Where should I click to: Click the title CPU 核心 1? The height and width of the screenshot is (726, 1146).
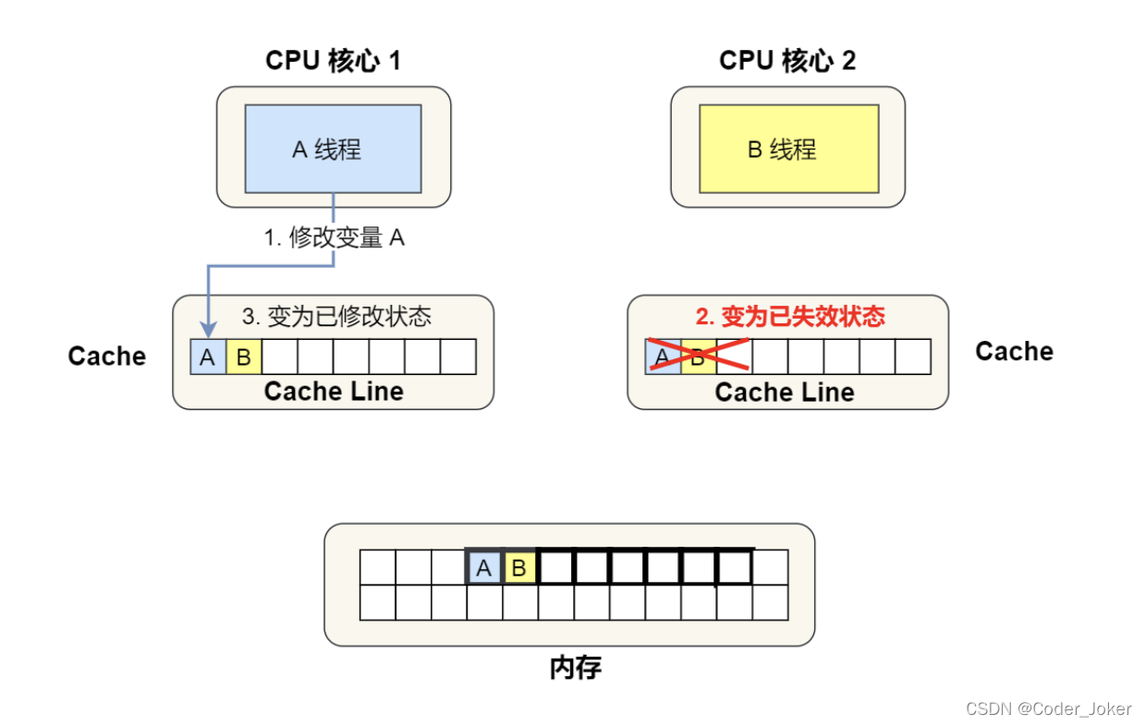333,61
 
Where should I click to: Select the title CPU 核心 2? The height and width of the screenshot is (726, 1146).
787,61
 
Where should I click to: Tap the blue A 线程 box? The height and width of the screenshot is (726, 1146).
333,149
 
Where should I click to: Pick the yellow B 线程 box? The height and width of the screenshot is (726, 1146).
788,149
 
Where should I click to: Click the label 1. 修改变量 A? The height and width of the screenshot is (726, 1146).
334,237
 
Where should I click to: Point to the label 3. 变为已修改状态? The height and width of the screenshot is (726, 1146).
336,316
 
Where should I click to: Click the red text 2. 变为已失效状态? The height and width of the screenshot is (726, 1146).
790,317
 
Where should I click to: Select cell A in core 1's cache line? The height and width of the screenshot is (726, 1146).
208,357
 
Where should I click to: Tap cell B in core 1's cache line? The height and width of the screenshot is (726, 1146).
243,357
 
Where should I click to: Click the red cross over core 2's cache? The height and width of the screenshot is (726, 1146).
698,356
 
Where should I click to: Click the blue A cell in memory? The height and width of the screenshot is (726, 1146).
483,567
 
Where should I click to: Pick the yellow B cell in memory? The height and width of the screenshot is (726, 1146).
518,567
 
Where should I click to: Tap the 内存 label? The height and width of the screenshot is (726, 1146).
575,668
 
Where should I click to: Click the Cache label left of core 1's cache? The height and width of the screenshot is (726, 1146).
107,357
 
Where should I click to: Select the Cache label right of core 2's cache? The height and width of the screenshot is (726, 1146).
1014,352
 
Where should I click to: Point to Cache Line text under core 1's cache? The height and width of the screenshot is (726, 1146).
334,392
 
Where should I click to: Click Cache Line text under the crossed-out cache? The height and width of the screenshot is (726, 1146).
785,393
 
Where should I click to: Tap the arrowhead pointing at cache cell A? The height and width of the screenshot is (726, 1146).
208,329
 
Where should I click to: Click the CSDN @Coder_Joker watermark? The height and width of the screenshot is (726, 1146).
1048,708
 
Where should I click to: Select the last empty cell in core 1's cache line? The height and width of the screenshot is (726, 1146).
458,357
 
